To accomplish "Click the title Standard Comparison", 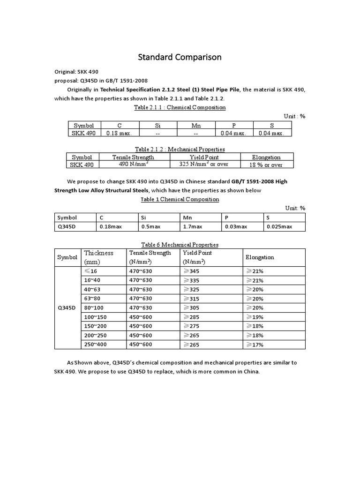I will coord(180,57).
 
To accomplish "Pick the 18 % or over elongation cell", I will coord(266,165).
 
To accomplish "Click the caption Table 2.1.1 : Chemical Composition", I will coord(180,107).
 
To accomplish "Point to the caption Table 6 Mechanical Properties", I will coord(180,245).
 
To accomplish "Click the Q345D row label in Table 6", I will coord(67,308).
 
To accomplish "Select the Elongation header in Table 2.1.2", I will coord(266,157).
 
